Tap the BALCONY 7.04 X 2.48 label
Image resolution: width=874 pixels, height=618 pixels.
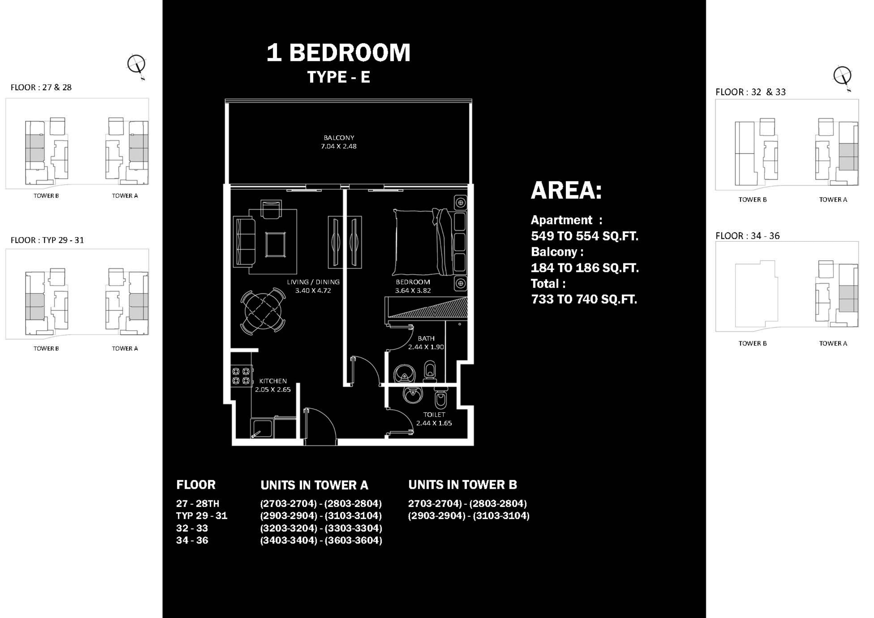tap(339, 142)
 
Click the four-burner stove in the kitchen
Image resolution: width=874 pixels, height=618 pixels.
tap(241, 375)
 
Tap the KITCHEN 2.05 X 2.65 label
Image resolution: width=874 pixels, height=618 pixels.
tap(273, 385)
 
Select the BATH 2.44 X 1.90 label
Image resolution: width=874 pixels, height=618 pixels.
tap(426, 342)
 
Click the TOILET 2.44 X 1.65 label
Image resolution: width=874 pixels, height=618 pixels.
tap(434, 419)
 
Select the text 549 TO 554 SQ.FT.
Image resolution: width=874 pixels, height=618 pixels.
tap(584, 236)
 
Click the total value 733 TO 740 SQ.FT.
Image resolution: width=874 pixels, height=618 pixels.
tap(584, 299)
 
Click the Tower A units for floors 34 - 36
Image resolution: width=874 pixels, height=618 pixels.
tap(321, 540)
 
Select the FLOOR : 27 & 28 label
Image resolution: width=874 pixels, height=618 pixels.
tap(41, 87)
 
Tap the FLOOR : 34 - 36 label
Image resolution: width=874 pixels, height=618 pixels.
tap(747, 236)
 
